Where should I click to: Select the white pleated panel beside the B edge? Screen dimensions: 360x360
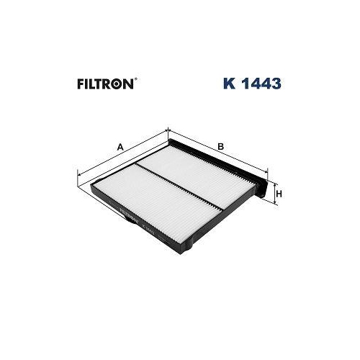click(x=202, y=180)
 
